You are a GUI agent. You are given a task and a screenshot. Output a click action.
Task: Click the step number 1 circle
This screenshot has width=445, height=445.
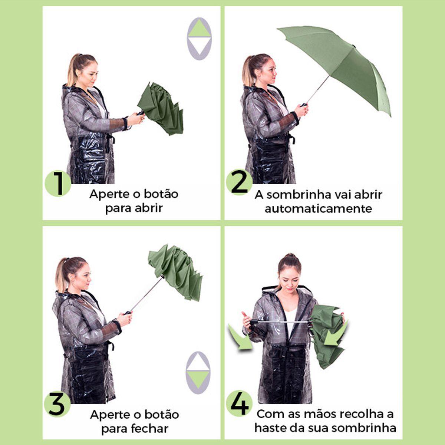pos(58,184)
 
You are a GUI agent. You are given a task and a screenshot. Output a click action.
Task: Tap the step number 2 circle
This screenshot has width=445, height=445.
pos(239,182)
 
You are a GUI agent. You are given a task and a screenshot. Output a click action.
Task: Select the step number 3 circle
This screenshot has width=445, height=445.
pos(57,404)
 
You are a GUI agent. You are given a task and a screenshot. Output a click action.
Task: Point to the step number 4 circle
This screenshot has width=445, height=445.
pos(239,403)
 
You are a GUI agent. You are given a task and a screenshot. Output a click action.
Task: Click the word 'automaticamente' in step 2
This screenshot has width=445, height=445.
pos(318,208)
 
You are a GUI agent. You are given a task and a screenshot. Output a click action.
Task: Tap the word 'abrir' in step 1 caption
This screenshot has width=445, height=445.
pos(148,208)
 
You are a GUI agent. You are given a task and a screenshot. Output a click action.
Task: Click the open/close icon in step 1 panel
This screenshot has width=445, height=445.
pos(199,39)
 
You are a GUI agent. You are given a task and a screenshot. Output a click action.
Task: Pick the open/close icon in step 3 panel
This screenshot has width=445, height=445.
pos(198,372)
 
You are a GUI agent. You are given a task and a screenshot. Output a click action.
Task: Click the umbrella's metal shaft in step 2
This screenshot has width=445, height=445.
pos(318,89)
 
